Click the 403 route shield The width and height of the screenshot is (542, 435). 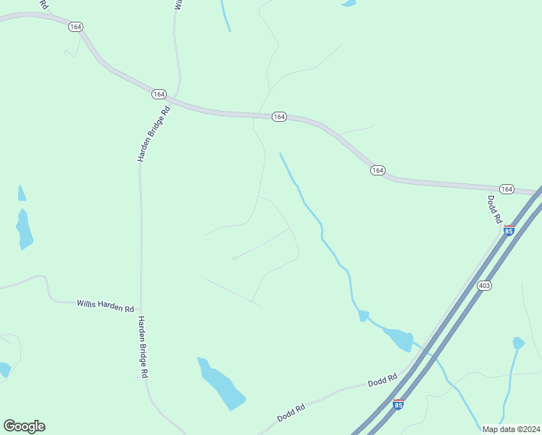[484, 286]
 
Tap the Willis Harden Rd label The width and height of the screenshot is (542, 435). [106, 305]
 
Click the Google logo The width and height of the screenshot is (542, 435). [24, 426]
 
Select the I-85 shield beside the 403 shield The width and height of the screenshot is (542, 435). [509, 230]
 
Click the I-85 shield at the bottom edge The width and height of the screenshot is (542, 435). [399, 404]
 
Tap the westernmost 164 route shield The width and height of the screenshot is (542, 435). [75, 26]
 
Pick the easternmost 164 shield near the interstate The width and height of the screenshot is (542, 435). [506, 189]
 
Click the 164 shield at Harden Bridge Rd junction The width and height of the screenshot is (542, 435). [159, 94]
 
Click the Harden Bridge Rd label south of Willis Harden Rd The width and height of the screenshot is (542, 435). [143, 347]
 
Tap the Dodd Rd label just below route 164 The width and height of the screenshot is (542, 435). [496, 209]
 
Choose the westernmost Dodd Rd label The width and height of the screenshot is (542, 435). [291, 413]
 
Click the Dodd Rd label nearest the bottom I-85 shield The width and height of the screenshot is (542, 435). [383, 379]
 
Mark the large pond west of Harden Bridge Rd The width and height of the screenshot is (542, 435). [24, 229]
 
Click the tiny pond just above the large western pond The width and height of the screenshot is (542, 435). [22, 194]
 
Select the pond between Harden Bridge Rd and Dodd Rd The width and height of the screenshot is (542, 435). [222, 384]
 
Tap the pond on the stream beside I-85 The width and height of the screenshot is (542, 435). [398, 339]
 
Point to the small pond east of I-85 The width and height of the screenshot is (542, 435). [518, 343]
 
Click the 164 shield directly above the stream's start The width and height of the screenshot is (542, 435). [279, 117]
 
